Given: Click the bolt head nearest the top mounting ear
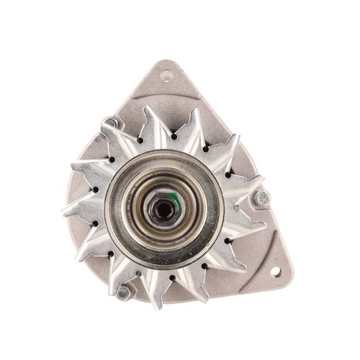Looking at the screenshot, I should coord(109,124).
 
